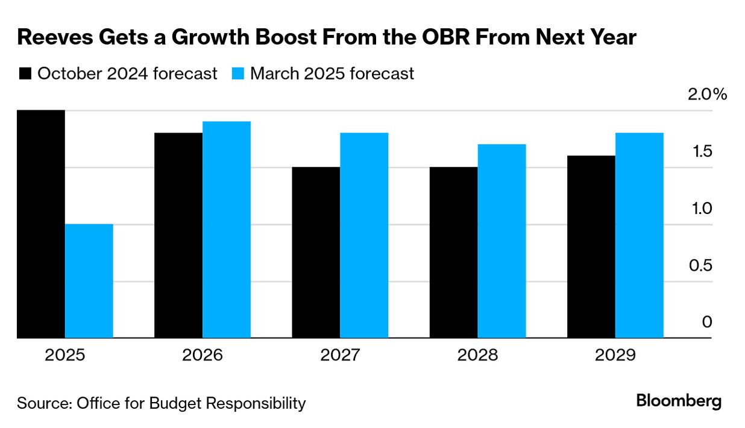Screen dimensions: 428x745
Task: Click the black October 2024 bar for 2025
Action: pos(41,224)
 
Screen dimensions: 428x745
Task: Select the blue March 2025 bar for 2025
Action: pos(89,281)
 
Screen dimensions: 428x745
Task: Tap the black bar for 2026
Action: pos(178,235)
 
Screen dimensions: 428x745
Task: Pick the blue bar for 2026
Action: pos(227,230)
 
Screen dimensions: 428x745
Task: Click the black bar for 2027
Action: pos(316,253)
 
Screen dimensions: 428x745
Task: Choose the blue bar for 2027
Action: pos(364,235)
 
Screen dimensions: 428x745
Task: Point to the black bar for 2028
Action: pos(453,253)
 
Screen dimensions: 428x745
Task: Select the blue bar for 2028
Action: pos(501,241)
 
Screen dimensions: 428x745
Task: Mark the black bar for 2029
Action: pos(591,247)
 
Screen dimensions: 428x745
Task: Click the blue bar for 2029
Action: pos(640,235)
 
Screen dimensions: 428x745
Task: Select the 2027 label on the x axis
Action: pos(340,354)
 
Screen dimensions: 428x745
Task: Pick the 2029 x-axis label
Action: pos(615,354)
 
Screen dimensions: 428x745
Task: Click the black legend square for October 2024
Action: pos(25,74)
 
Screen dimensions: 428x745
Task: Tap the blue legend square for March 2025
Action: pos(237,74)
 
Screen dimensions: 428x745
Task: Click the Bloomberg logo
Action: pos(679,401)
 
